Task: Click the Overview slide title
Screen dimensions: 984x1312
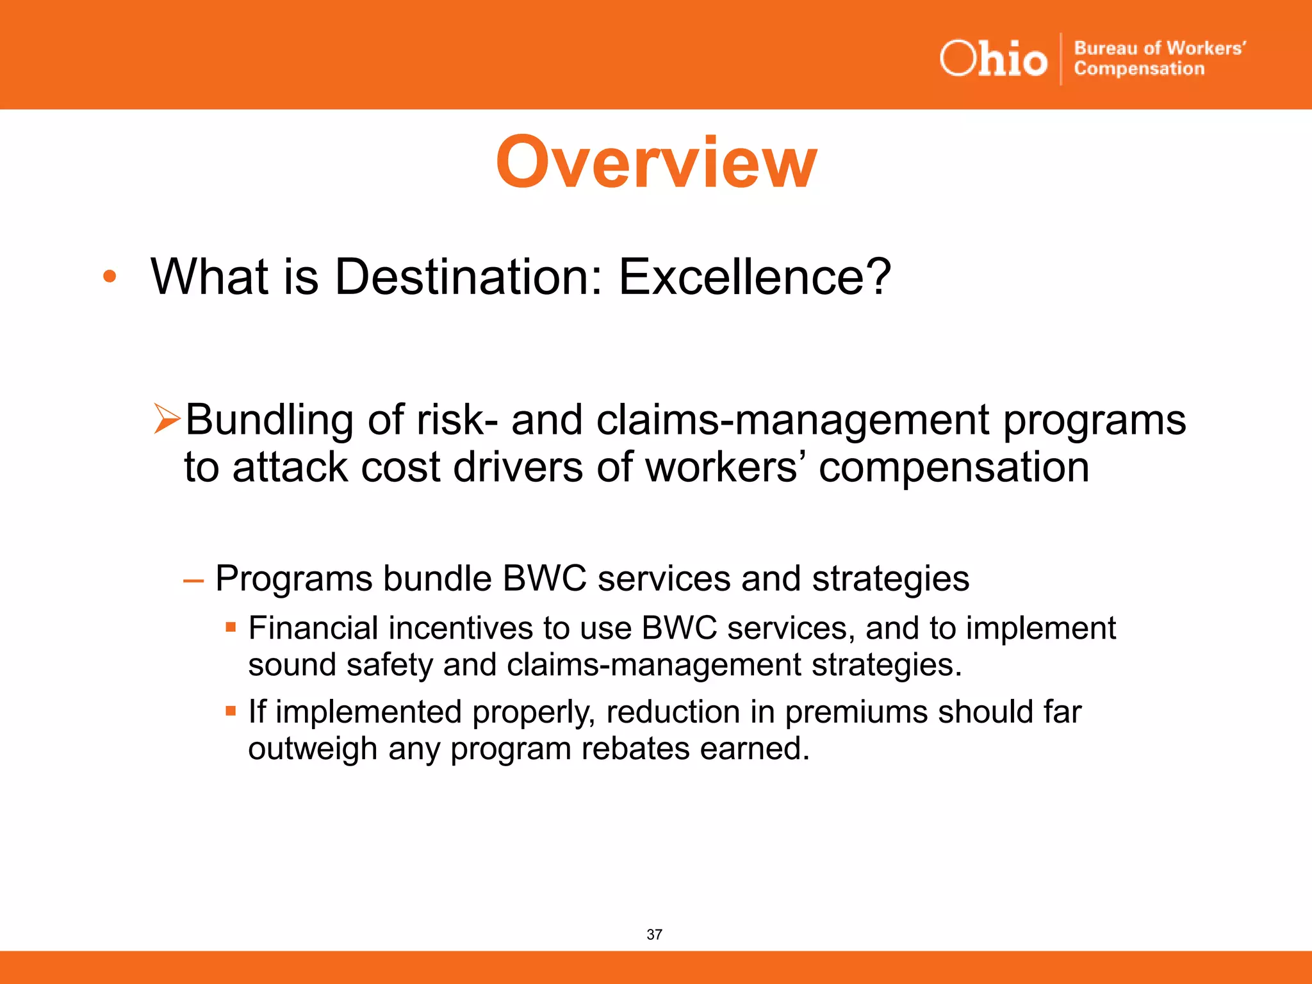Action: pos(656,163)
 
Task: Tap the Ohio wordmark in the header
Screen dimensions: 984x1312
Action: pos(993,59)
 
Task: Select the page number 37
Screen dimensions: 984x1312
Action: pos(654,935)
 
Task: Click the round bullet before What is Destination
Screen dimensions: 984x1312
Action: pos(110,277)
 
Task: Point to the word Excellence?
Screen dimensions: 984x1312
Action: pos(754,277)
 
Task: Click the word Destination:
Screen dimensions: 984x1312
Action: pos(469,277)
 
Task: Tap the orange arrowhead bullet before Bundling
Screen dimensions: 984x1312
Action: pos(167,420)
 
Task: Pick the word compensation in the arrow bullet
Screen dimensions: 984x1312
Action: pos(954,468)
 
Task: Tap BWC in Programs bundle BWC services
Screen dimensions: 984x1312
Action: pos(544,578)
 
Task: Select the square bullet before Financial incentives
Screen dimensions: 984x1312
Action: pos(231,627)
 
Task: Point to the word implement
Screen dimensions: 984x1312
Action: pos(1041,629)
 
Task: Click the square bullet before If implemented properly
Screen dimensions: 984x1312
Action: pos(231,710)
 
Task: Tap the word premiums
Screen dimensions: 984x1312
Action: pos(856,712)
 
